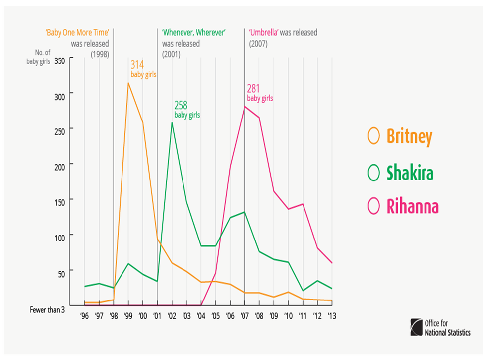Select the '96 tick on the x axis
[85, 315]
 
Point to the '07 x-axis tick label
[244, 315]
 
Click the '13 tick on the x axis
[332, 315]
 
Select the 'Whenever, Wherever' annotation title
[194, 33]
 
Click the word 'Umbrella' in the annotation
[263, 33]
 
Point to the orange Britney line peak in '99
[128, 83]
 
